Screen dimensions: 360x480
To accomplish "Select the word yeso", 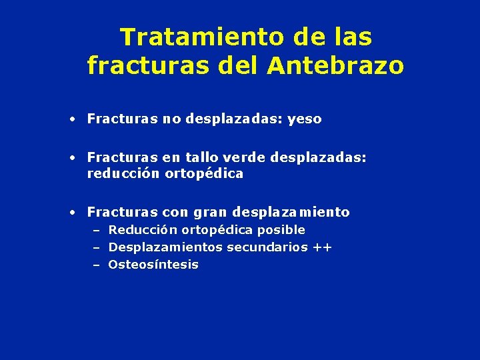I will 305,119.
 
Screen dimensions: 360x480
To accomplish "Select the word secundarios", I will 268,247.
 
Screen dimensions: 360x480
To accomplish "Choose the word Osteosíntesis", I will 153,265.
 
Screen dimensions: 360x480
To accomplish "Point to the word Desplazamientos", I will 165,247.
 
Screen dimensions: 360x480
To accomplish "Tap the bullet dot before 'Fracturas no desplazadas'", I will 71,119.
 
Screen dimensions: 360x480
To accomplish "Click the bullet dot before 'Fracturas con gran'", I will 71,213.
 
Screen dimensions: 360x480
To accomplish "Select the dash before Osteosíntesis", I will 97,265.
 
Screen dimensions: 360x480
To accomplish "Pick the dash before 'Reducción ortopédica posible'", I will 97,230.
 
